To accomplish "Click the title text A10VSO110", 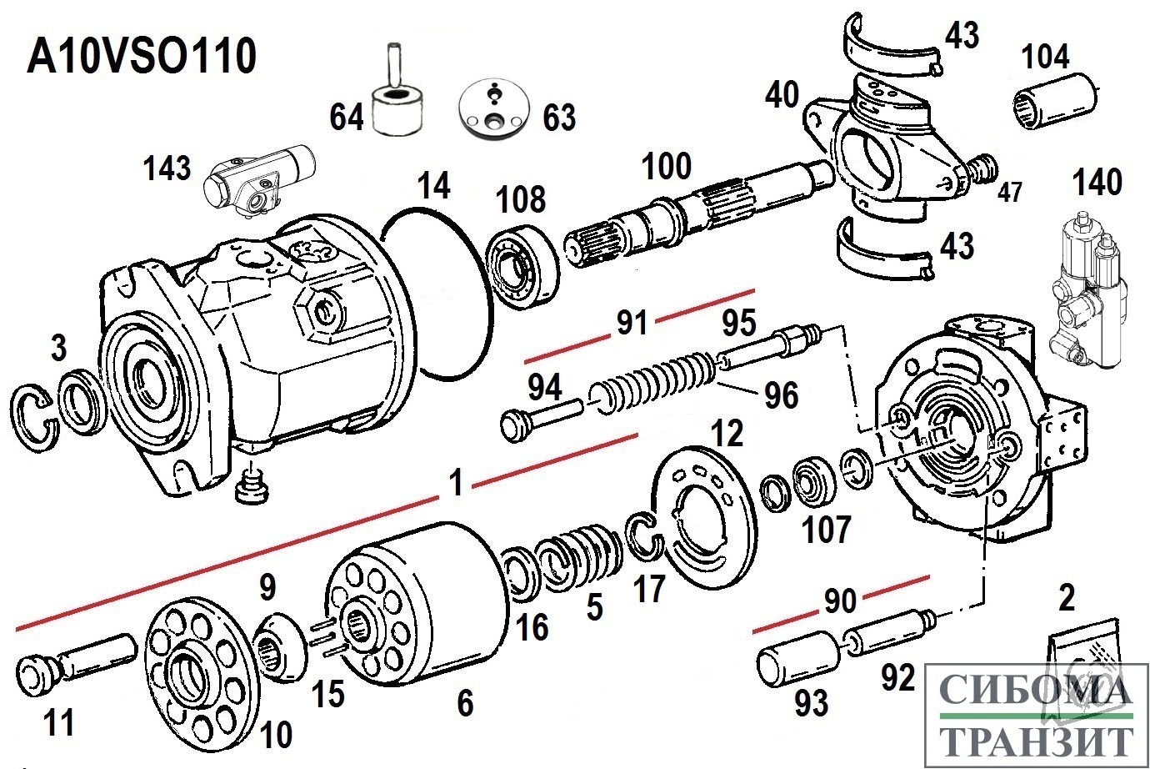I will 142,58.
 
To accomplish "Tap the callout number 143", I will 167,169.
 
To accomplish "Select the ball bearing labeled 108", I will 522,266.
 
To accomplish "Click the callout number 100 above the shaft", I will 666,167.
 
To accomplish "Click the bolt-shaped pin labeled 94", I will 541,415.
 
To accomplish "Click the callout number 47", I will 1010,193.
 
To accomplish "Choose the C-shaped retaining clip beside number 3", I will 34,417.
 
